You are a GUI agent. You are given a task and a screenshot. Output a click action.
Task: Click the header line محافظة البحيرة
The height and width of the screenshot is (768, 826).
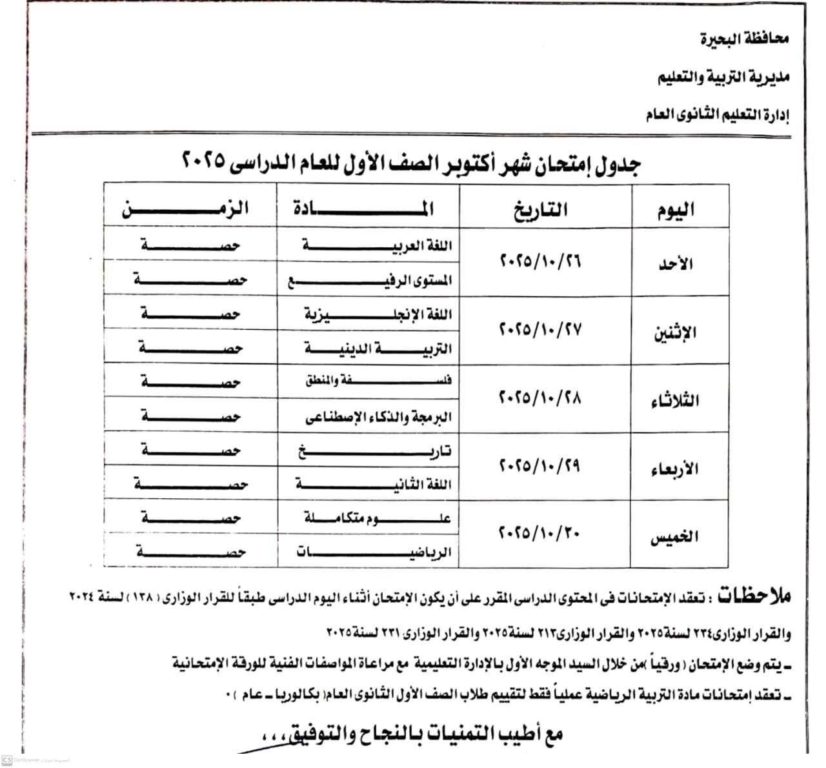pyautogui.click(x=745, y=39)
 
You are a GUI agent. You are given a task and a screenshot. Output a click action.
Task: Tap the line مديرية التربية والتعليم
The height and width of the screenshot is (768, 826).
pyautogui.click(x=723, y=78)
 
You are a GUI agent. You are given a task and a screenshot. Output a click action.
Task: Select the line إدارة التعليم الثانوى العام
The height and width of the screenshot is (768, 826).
pyautogui.click(x=718, y=116)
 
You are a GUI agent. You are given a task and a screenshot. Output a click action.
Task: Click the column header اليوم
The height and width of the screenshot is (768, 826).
pyautogui.click(x=676, y=210)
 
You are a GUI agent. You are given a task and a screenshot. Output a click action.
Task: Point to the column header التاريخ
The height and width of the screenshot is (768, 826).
pyautogui.click(x=541, y=210)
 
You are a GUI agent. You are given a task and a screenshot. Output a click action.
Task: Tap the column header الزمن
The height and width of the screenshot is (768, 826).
pyautogui.click(x=186, y=209)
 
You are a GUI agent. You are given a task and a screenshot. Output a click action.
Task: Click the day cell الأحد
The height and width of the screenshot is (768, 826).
pyautogui.click(x=676, y=263)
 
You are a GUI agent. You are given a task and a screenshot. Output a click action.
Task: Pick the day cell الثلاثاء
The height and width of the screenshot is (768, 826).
pyautogui.click(x=674, y=400)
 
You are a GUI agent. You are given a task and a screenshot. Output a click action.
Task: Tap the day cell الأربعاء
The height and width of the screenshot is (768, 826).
pyautogui.click(x=674, y=469)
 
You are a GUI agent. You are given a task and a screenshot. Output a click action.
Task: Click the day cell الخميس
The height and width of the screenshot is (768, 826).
pyautogui.click(x=674, y=536)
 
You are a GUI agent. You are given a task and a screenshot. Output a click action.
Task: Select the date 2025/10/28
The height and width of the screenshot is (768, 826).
pyautogui.click(x=541, y=398)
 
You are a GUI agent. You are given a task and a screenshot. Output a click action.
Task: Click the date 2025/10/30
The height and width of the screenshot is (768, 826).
pyautogui.click(x=541, y=534)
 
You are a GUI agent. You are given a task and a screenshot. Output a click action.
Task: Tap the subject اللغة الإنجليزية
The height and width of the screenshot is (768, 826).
pyautogui.click(x=378, y=315)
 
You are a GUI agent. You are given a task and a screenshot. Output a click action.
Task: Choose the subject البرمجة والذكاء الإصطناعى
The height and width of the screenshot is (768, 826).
pyautogui.click(x=378, y=418)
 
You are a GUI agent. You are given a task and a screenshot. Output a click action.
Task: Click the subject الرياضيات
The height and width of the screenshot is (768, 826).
pyautogui.click(x=374, y=552)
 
